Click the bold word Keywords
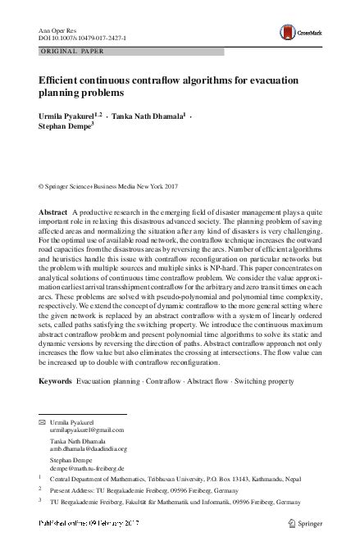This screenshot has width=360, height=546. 55,382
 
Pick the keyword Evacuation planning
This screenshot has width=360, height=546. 107,382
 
